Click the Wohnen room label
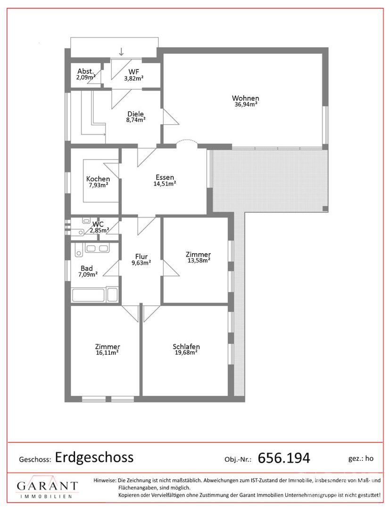(246, 98)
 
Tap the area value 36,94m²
(246, 104)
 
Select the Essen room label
(165, 177)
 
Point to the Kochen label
(98, 179)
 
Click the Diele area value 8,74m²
(136, 119)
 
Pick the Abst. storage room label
(86, 71)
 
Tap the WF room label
(133, 72)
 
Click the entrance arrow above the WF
(121, 51)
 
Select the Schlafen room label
(186, 347)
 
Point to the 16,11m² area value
(107, 353)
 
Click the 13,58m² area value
(199, 260)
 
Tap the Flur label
(141, 256)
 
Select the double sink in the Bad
(97, 248)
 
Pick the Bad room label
(87, 268)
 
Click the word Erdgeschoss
(94, 457)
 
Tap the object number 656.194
(284, 458)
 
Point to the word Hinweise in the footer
(105, 480)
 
